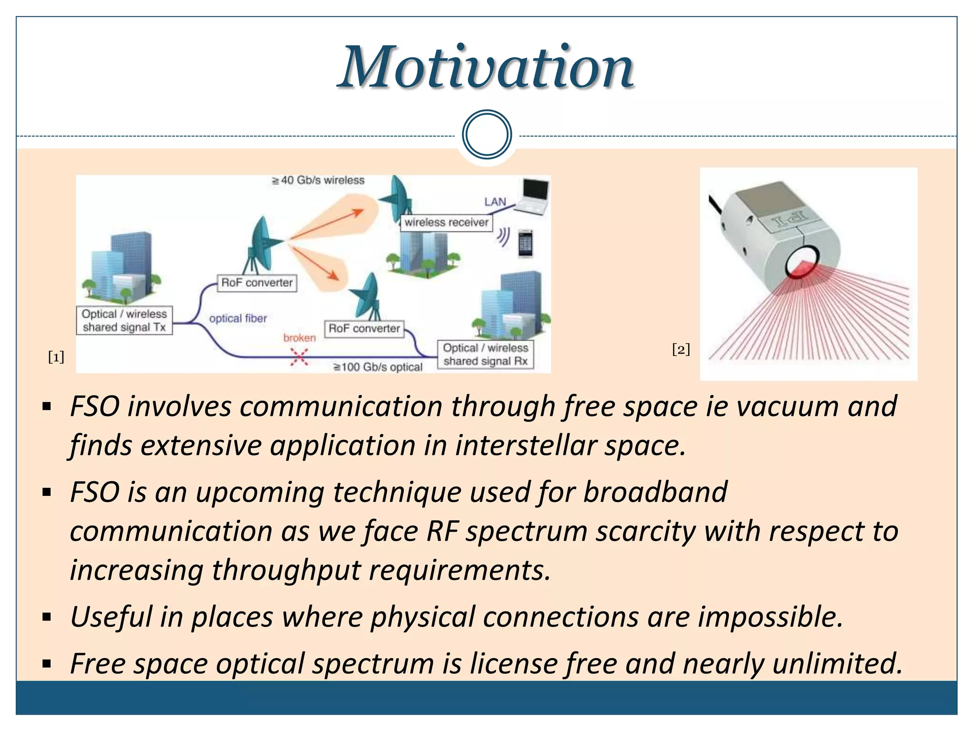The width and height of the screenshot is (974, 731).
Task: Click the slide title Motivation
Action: coord(486,68)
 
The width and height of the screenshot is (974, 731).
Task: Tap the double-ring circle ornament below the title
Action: coord(487,135)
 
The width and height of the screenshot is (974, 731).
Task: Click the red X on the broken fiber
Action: coord(299,356)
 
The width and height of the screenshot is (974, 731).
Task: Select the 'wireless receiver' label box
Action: coord(446,222)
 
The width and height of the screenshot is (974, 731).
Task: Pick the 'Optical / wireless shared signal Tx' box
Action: coord(124,321)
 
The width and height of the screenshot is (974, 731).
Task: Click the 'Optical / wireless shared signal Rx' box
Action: coord(485,355)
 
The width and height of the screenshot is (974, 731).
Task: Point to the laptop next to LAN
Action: coord(533,196)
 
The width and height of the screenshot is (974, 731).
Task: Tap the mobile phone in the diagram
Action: coord(525,244)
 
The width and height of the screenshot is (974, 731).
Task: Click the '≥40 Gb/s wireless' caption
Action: coord(318,180)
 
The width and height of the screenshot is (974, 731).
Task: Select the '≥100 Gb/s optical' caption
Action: coord(378,367)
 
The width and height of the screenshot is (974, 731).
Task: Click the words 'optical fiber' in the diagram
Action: coord(238,318)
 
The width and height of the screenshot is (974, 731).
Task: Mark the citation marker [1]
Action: coord(56,357)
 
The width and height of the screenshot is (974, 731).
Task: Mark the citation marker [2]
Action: coord(681,349)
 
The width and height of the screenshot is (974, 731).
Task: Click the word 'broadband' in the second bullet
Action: coord(655,492)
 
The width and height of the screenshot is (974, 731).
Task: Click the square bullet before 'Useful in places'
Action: coord(47,618)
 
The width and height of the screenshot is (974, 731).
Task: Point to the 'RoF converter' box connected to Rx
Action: coord(364,328)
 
